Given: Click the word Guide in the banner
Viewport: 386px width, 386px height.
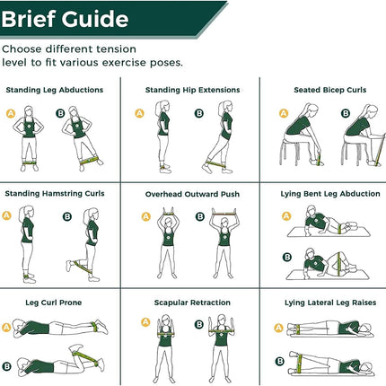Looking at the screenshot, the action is (x=95, y=19).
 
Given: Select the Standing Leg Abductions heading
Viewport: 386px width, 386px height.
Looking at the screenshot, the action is (x=55, y=90).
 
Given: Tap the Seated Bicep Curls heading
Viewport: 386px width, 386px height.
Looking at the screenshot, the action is (x=330, y=90).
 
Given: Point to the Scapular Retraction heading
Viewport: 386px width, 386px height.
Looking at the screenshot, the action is (x=192, y=303).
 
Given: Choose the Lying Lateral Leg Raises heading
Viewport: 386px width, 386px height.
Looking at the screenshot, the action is (x=330, y=303).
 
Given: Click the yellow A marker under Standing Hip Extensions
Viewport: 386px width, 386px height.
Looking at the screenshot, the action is (x=139, y=113).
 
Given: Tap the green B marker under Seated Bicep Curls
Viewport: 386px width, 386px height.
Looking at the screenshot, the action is (x=346, y=113).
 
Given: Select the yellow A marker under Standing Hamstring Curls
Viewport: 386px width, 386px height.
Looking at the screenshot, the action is (x=6, y=215).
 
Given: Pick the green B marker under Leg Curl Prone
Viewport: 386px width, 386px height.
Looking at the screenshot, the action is (x=6, y=366).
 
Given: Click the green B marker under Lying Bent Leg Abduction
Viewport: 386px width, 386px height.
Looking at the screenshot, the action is (x=287, y=257).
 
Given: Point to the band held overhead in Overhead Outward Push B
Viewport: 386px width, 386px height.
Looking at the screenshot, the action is (x=224, y=214).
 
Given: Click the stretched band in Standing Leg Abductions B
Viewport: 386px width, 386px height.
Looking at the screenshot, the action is (x=89, y=161).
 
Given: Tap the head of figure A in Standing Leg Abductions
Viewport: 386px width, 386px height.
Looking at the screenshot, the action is (x=29, y=111).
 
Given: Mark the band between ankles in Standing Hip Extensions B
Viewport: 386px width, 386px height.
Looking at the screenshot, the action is (x=215, y=164).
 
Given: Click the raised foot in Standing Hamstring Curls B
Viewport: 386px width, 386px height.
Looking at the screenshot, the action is (x=69, y=266).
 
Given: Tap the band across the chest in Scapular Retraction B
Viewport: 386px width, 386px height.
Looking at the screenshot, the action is (x=221, y=331).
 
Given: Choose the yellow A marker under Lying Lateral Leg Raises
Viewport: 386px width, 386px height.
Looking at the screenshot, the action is (x=278, y=328).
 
